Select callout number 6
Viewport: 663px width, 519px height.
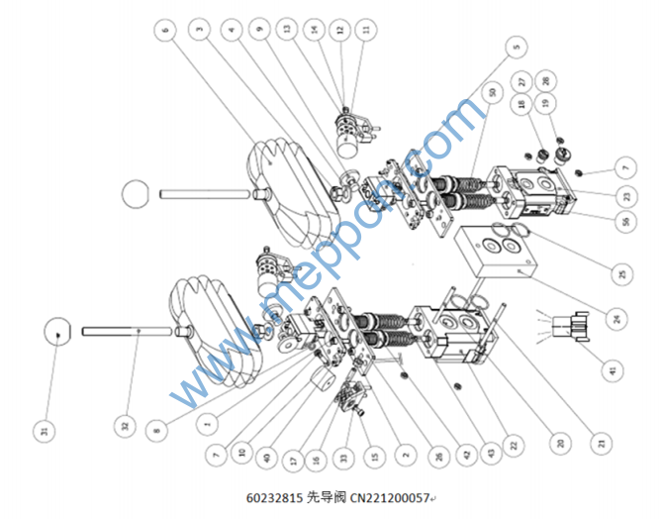coord(164,30)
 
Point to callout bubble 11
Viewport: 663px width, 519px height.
coord(369,31)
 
